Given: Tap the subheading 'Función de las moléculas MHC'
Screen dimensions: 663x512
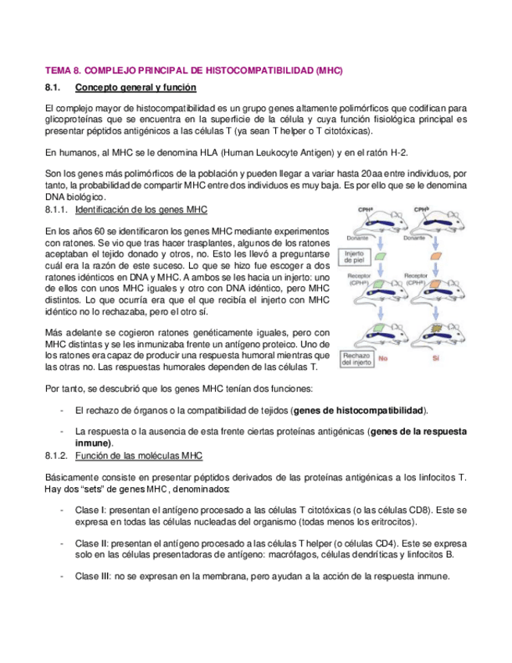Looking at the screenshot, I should click(x=140, y=455).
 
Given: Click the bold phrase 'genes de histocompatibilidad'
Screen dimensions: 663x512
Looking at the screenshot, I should click(x=360, y=410).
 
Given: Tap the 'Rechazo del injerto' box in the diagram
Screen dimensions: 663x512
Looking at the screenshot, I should click(x=356, y=359).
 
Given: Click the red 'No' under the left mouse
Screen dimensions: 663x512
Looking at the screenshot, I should click(x=383, y=360).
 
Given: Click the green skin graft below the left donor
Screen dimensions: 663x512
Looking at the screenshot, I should click(x=381, y=256).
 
